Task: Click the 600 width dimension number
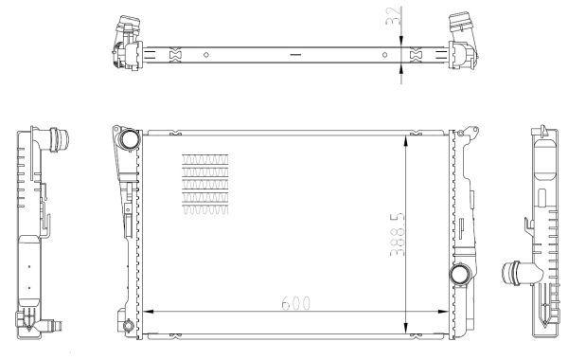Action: point(296,303)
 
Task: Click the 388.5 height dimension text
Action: point(397,235)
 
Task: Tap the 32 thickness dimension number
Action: point(393,15)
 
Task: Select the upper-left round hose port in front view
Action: point(129,139)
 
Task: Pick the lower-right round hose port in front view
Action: point(460,275)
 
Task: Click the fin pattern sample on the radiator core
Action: point(205,184)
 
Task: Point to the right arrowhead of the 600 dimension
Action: point(443,312)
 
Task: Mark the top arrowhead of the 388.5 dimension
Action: point(407,141)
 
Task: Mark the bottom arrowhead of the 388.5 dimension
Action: point(407,328)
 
